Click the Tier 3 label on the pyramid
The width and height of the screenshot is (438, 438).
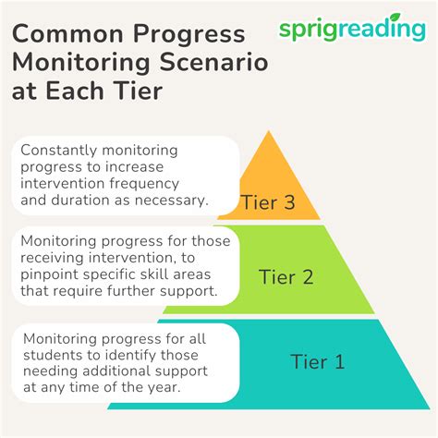point(268,202)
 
